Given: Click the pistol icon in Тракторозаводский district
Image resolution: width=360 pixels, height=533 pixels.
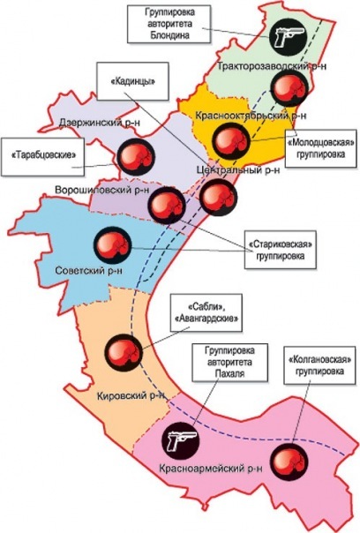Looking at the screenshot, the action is tap(288, 37).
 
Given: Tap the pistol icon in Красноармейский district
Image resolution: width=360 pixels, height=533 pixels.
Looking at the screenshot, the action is tap(180, 441).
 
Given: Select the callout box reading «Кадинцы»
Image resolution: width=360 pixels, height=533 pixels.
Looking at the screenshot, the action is tap(133, 81).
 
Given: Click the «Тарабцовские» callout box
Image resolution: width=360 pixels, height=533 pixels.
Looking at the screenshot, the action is tap(42, 157).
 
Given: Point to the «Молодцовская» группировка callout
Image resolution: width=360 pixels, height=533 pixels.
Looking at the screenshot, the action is tap(320, 148).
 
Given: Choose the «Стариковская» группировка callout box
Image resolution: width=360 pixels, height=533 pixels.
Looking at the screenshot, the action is tap(280, 250).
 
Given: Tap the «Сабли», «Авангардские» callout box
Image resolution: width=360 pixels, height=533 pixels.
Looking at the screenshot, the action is tap(206, 313).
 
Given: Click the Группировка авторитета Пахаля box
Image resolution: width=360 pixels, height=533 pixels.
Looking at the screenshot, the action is tap(229, 363).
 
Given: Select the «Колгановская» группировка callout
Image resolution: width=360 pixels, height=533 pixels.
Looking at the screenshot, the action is tap(319, 365).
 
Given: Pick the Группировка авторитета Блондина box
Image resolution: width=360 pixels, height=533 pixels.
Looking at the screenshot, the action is tap(169, 24).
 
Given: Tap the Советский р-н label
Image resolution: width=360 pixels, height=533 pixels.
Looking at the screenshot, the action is tap(89, 271).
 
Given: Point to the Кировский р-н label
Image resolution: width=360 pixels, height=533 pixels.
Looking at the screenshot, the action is tap(131, 396).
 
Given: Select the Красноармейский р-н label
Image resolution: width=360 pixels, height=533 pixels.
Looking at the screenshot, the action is tap(211, 469).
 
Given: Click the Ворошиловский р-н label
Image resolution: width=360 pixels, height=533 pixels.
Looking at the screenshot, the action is tap(102, 190).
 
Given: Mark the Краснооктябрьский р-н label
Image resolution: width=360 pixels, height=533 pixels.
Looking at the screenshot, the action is tap(251, 116).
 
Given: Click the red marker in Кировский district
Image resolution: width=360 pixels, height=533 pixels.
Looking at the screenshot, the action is tap(123, 353).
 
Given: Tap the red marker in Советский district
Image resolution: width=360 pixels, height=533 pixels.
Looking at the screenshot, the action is tap(113, 245).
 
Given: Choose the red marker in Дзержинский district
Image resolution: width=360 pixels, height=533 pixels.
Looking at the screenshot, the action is tap(136, 157).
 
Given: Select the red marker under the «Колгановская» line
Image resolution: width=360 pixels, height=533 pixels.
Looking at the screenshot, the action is tap(290, 462).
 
